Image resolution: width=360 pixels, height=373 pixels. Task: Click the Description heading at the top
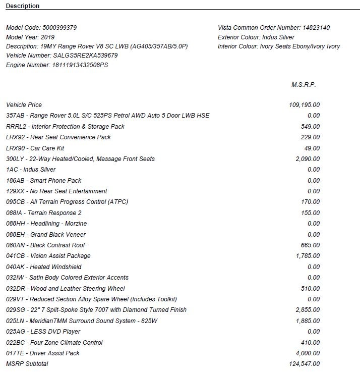(23, 6)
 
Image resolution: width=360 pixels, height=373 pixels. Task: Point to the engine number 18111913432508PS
(80, 65)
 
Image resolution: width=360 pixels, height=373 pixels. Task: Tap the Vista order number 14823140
(316, 28)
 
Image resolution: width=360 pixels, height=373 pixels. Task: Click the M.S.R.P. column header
(304, 85)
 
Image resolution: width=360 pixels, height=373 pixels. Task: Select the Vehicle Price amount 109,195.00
(304, 105)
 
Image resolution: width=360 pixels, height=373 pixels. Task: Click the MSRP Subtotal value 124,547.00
(304, 364)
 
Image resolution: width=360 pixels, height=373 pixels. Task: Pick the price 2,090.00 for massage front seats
(308, 159)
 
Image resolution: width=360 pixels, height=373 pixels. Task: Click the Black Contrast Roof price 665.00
(310, 245)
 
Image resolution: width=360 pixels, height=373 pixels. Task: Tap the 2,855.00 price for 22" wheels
(308, 310)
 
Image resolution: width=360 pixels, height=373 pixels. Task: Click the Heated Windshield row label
(55, 267)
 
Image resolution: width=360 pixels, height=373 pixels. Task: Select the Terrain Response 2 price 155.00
(310, 213)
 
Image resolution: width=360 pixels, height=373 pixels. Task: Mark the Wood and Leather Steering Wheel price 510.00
(310, 289)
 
